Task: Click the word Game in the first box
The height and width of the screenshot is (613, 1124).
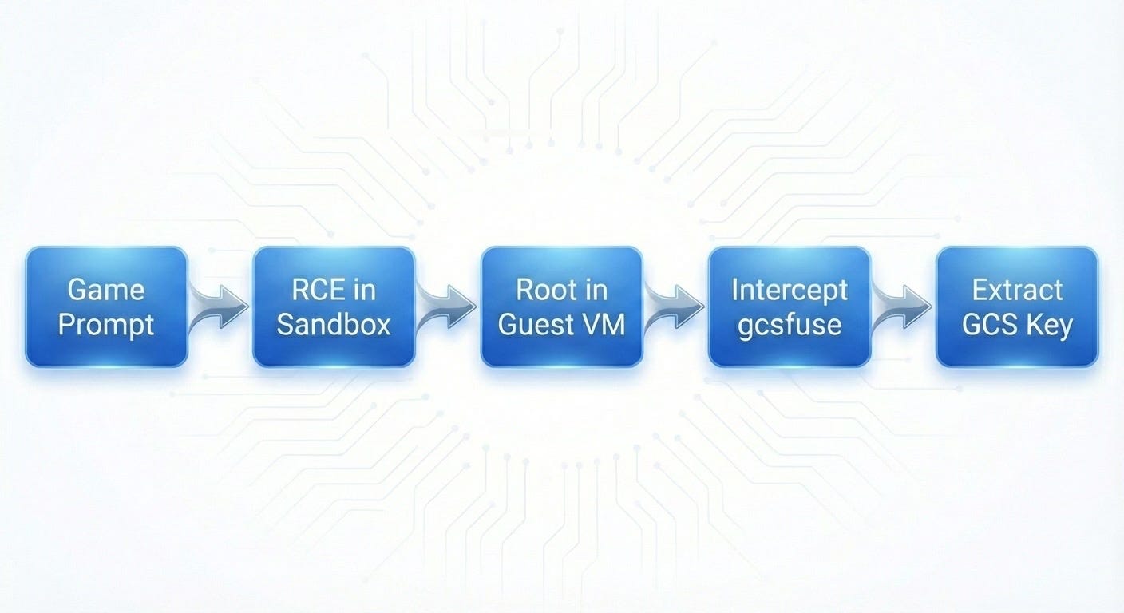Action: [106, 290]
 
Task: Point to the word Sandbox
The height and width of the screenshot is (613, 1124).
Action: [334, 325]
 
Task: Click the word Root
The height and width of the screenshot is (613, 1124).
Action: [544, 290]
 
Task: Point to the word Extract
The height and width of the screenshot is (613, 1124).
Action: [1017, 290]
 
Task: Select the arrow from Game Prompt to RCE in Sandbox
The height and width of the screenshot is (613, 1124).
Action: [218, 306]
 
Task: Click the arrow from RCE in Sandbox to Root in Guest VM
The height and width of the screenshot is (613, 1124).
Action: [446, 306]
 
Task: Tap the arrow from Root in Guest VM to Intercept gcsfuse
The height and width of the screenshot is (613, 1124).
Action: [674, 306]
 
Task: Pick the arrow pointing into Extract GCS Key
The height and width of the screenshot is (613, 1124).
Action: [902, 306]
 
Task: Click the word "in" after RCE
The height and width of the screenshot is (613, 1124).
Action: [364, 290]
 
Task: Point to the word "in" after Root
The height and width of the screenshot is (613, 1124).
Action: [595, 290]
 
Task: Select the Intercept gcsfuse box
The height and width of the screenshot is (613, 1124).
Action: [790, 306]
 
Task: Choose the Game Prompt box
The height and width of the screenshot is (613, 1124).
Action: [106, 306]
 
